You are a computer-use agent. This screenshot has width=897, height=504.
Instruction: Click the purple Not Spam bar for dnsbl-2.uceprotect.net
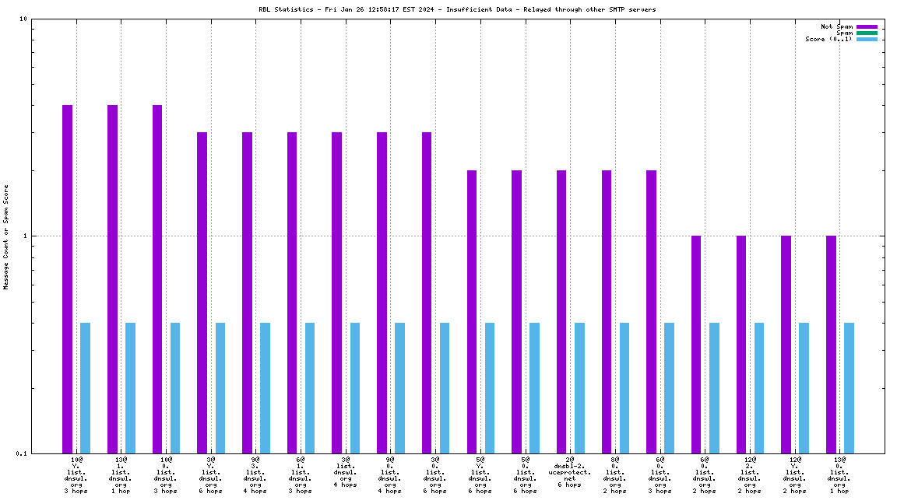point(561,311)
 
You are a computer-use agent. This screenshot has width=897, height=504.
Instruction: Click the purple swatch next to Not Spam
point(867,26)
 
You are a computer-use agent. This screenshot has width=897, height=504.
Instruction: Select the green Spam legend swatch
point(867,33)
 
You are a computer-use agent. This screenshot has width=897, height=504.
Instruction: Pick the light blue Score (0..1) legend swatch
point(867,39)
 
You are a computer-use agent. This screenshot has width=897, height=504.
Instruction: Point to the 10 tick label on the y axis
point(23,19)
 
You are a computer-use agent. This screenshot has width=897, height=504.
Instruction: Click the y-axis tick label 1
point(26,236)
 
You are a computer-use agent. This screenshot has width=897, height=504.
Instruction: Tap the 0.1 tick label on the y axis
point(22,453)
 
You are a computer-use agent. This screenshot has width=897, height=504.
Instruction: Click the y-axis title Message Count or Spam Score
point(6,236)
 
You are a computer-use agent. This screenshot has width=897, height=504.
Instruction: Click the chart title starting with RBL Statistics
point(457,9)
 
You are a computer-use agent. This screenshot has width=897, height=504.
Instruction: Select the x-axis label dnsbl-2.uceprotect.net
point(569,472)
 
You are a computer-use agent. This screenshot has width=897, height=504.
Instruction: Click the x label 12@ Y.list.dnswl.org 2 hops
point(794,475)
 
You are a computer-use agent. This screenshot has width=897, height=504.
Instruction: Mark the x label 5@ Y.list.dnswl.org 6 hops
point(480,475)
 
